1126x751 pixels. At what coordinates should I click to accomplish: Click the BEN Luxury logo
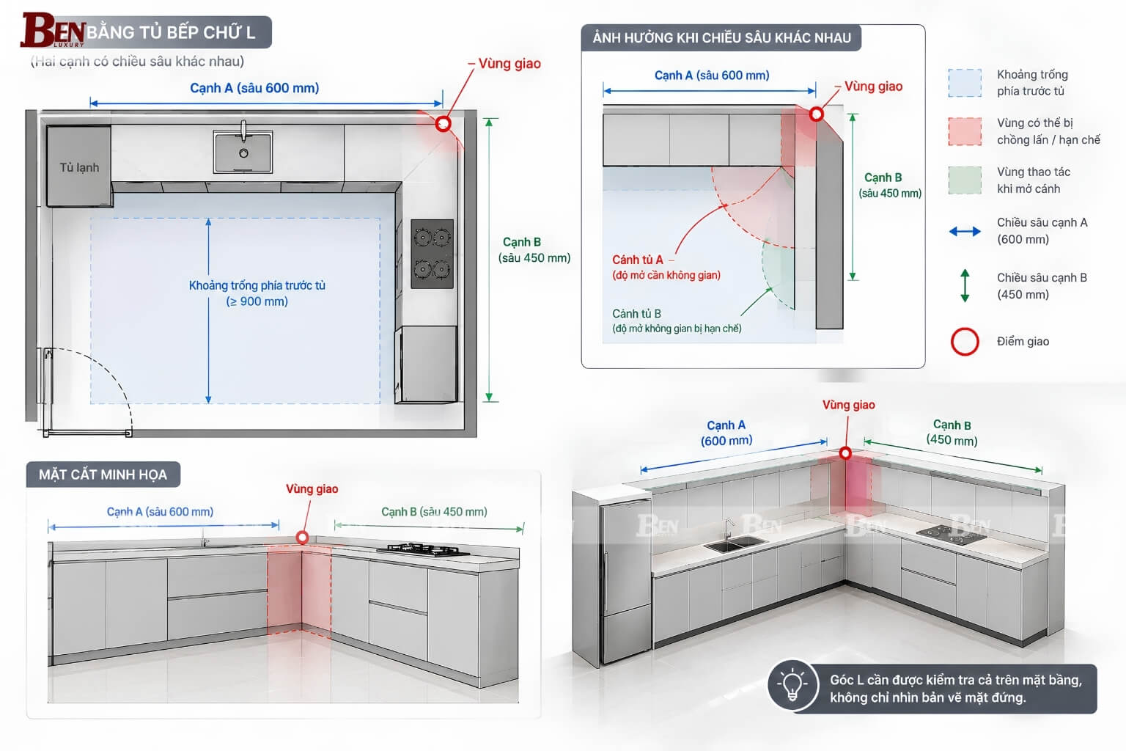[x=53, y=30]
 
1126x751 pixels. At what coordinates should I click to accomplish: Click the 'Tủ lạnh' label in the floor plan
[x=79, y=167]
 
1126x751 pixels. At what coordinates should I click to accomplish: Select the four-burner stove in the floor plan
[x=432, y=254]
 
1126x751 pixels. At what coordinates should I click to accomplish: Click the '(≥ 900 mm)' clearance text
[x=257, y=301]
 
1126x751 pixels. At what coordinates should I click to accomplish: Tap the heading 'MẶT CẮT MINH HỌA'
[x=103, y=475]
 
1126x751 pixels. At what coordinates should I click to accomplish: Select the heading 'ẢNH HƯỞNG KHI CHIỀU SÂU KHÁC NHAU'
[x=721, y=37]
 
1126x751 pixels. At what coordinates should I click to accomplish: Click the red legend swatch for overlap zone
[x=965, y=132]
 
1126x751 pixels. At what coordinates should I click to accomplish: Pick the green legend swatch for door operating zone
[x=965, y=180]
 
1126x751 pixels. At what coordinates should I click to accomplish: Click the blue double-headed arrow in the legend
[x=965, y=231]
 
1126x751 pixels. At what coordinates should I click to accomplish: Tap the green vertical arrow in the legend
[x=965, y=285]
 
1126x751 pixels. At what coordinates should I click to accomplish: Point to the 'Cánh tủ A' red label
[x=637, y=260]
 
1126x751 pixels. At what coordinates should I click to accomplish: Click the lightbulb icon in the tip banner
[x=792, y=684]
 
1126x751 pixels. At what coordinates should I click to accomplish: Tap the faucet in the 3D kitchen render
[x=727, y=530]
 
